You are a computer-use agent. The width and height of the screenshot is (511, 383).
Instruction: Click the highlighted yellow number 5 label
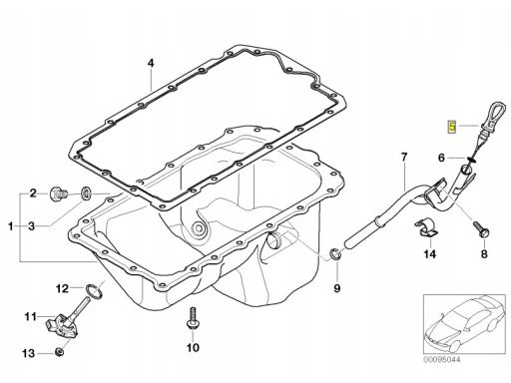(x=452, y=126)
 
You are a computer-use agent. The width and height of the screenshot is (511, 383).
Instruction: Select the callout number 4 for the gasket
(x=151, y=63)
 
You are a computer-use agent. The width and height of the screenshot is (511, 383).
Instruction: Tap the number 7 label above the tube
(x=404, y=157)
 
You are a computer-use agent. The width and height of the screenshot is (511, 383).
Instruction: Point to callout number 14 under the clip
(x=429, y=254)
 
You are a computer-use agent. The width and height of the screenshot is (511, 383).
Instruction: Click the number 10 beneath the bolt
(x=193, y=348)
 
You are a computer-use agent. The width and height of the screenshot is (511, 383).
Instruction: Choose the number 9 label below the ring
(x=337, y=288)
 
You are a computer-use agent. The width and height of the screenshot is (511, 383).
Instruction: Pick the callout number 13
(x=29, y=353)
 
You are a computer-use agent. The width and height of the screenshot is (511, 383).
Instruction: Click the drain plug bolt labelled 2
(x=59, y=193)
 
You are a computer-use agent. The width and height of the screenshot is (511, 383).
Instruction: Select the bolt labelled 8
(x=481, y=229)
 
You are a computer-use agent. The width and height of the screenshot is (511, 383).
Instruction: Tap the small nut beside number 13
(x=59, y=351)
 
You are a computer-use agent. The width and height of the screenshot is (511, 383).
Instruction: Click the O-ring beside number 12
(x=95, y=290)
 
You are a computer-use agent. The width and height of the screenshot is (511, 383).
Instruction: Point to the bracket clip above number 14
(x=426, y=228)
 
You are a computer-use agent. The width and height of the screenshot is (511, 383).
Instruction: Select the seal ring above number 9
(x=334, y=254)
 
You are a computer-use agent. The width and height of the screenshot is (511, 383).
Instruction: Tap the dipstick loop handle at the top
(x=496, y=116)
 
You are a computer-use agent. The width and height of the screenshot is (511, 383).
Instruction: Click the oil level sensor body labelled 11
(x=61, y=326)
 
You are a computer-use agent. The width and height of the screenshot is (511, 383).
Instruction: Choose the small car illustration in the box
(x=465, y=323)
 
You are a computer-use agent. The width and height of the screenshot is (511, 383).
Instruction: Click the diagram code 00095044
(x=442, y=359)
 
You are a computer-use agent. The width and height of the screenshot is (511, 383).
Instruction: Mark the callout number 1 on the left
(x=11, y=226)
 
